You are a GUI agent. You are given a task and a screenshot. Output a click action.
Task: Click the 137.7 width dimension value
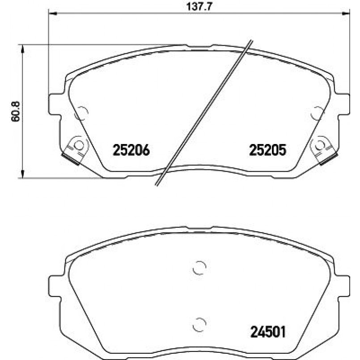pos(199,6)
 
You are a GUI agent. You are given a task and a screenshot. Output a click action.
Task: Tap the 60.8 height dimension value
pos(16,112)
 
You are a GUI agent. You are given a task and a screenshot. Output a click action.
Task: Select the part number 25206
pos(131,150)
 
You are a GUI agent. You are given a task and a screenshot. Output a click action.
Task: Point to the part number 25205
pos(268,150)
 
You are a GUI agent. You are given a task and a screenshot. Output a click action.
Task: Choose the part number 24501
pos(268,332)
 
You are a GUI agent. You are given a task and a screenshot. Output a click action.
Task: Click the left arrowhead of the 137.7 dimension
pos(53,14)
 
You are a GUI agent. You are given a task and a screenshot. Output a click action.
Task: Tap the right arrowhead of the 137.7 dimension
pos(346,14)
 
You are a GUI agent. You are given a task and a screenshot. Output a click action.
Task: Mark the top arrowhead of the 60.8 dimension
pos(22,49)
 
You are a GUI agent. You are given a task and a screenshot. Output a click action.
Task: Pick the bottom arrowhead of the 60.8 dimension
pos(22,174)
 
